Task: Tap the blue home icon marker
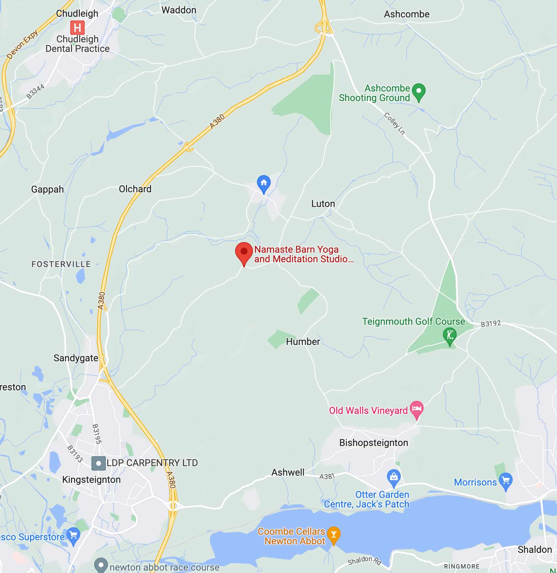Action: (263, 183)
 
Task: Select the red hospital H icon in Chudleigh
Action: (77, 27)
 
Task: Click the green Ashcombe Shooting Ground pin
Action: (418, 92)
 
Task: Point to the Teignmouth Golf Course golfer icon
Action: (450, 335)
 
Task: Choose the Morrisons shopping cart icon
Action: (506, 481)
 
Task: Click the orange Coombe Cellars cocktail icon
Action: (333, 534)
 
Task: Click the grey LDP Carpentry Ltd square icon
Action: (99, 463)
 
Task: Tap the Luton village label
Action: (323, 204)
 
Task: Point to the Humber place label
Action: (303, 341)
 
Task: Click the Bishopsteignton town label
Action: (373, 443)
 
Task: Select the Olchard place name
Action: (135, 189)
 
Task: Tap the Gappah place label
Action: (47, 189)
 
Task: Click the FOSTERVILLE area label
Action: (61, 264)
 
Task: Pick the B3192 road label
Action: (490, 323)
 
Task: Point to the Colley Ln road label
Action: (394, 123)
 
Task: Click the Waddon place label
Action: (179, 10)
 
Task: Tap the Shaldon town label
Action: (534, 549)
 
